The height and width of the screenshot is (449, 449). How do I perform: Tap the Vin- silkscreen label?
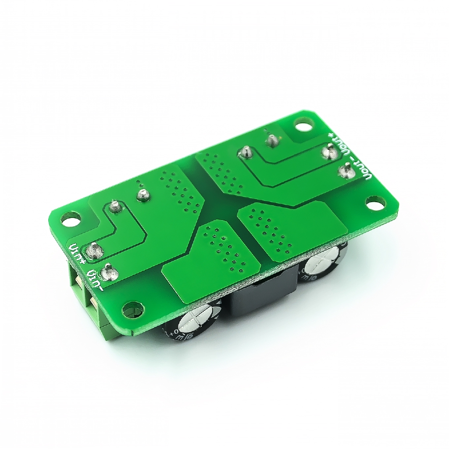coord(95,281)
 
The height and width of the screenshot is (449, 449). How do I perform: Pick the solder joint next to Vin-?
coord(109,272)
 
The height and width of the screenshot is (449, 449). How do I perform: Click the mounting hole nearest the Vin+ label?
coord(71,218)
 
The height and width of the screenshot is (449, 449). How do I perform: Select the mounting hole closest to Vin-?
coord(132,310)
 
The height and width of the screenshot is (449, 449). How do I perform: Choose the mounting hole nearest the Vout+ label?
coord(303,127)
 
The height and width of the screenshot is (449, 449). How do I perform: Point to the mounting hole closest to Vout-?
coord(375,203)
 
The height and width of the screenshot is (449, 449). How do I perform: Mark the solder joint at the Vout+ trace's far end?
coord(245,153)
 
